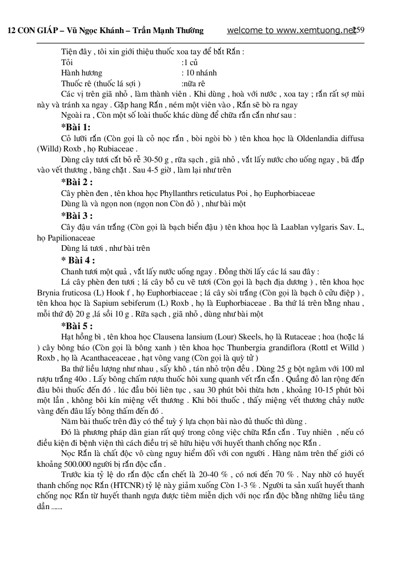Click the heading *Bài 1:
(75, 127)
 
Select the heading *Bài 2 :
(77, 182)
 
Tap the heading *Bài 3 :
(77, 215)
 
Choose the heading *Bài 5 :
(77, 326)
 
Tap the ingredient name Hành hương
(81, 73)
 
